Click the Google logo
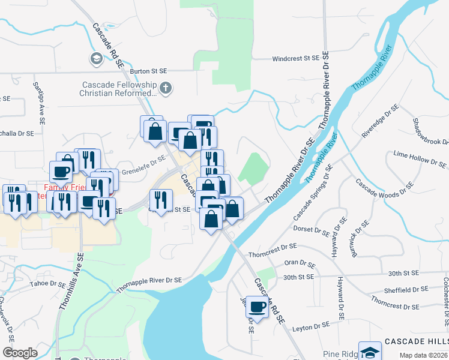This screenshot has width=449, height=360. (20, 353)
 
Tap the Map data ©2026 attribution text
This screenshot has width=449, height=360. (424, 355)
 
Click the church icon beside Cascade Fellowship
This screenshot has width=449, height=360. (166, 89)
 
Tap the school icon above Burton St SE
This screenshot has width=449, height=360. (95, 59)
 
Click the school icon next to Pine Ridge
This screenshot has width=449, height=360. (369, 352)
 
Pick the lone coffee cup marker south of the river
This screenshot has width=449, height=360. (258, 307)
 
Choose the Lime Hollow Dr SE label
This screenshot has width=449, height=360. (420, 159)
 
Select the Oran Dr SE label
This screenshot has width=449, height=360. (300, 263)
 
